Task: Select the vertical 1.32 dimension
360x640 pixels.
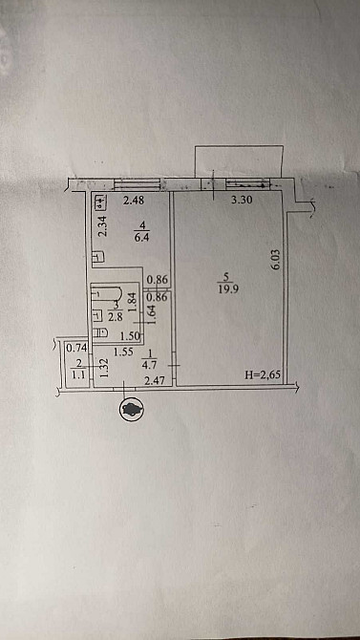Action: point(103,367)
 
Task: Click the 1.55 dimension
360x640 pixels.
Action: point(122,352)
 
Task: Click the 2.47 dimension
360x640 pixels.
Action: point(155,382)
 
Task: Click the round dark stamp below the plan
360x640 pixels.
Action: point(129,409)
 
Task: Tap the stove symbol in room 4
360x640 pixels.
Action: point(99,202)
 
